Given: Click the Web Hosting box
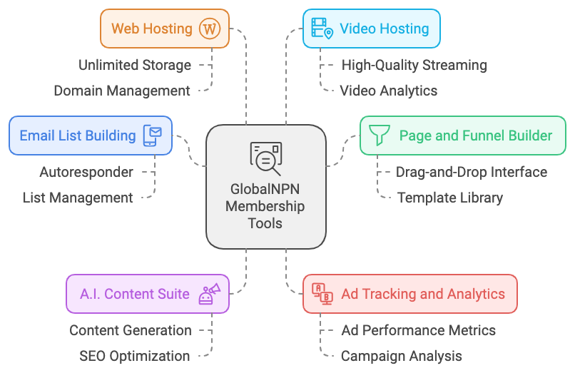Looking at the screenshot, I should (x=164, y=29).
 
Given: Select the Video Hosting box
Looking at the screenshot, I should (x=371, y=29).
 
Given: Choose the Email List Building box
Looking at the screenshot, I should (x=91, y=136).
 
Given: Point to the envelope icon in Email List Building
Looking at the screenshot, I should (x=153, y=136).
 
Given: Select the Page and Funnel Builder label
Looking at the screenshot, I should (x=475, y=136).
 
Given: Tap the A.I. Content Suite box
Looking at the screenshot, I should (x=148, y=294).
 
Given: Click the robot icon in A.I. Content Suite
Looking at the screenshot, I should (x=210, y=294).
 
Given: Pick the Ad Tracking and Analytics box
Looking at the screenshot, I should (x=409, y=294).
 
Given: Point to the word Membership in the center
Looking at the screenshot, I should (x=265, y=207).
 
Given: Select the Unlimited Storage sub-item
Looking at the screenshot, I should (x=135, y=65).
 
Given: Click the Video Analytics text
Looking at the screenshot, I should (x=389, y=91).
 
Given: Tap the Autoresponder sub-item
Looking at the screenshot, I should (x=86, y=172).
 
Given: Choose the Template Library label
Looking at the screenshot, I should (x=450, y=198).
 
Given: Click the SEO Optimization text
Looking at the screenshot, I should (x=135, y=356).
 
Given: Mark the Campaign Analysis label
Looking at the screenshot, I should (x=401, y=356).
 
